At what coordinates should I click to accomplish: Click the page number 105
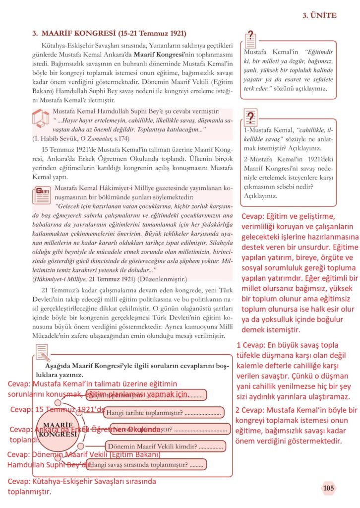(x=328, y=488)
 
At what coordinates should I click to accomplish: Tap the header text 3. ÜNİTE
(x=319, y=15)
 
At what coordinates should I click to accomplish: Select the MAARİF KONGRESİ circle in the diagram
(x=54, y=430)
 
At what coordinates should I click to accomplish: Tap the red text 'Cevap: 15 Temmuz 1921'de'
(x=58, y=410)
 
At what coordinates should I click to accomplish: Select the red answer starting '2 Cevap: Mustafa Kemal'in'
(x=296, y=426)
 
